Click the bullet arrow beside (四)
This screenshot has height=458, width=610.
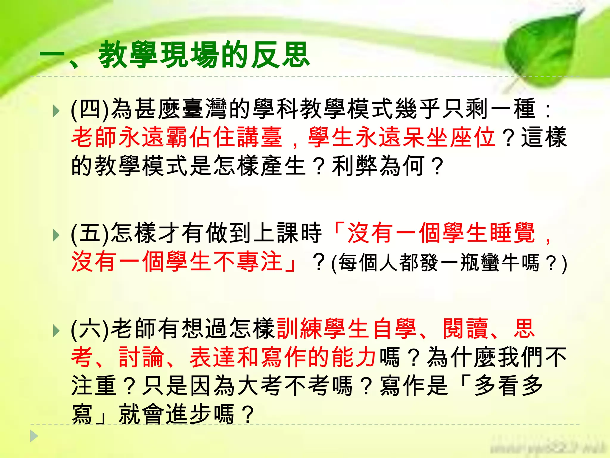(x=56, y=111)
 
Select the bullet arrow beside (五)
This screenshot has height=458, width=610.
(x=56, y=235)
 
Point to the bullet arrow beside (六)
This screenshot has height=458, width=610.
(x=56, y=331)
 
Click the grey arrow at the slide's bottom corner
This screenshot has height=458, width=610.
(x=34, y=436)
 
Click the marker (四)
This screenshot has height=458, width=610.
(x=90, y=109)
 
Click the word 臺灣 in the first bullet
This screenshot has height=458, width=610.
(x=206, y=109)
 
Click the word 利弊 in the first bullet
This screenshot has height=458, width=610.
(x=354, y=166)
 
